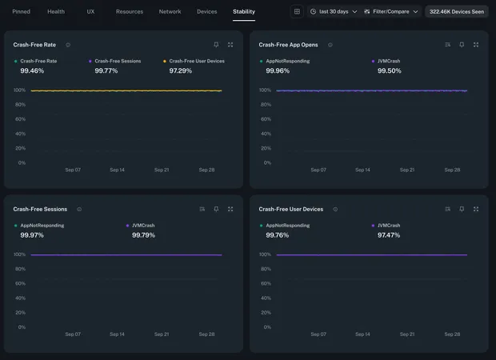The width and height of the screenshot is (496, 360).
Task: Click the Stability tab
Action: click(244, 12)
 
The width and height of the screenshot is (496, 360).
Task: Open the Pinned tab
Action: click(21, 12)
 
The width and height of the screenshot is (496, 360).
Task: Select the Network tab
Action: click(170, 12)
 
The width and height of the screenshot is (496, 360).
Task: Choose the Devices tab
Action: click(206, 12)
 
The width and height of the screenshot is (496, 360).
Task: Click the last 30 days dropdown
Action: click(334, 12)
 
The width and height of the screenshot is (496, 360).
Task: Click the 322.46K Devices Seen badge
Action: click(456, 12)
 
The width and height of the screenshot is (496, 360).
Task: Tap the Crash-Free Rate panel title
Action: click(34, 45)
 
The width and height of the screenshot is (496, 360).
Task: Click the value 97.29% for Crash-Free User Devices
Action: click(181, 71)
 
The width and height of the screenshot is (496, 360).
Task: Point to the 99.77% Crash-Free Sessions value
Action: click(106, 71)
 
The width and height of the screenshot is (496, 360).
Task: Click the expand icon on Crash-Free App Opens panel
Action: click(476, 45)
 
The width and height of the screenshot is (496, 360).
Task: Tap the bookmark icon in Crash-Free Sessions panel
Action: click(216, 209)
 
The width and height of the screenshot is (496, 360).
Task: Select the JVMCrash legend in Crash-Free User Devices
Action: click(389, 226)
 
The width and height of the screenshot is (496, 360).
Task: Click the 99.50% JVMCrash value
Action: click(389, 71)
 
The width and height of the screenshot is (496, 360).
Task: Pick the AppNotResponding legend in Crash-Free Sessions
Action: click(42, 226)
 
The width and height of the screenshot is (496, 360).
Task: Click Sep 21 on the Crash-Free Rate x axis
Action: click(162, 170)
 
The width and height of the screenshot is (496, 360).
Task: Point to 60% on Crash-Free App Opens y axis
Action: click(266, 119)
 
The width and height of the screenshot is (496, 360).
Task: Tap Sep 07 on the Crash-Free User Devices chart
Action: click(318, 334)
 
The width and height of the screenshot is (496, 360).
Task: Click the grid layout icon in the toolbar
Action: click(297, 12)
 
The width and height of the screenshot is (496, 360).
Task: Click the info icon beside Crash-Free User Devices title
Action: click(335, 210)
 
